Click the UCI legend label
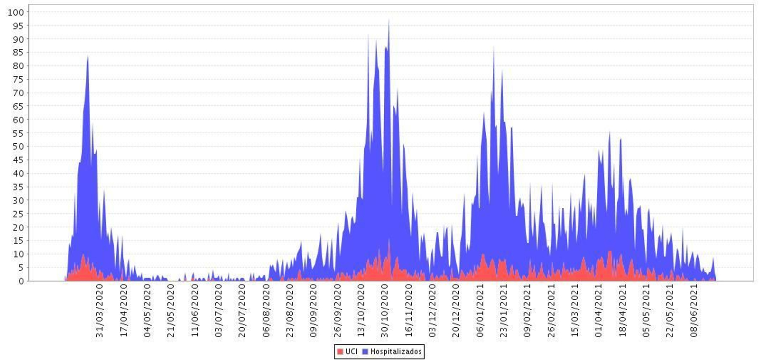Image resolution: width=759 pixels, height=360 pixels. (352, 351)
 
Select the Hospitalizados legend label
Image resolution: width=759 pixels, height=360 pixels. (396, 351)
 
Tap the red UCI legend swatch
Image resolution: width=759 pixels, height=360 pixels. (340, 351)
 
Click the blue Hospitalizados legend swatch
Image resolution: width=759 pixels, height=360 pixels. (365, 351)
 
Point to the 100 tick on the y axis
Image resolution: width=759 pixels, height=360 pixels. (16, 12)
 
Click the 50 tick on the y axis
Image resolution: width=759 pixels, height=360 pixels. (18, 147)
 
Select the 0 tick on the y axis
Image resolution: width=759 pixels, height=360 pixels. (21, 281)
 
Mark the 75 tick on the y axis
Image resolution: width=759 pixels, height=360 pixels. (18, 79)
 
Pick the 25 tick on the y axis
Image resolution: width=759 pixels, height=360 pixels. (18, 214)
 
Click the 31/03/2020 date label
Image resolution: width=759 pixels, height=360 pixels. (100, 311)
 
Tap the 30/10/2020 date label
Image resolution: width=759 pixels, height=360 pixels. (385, 311)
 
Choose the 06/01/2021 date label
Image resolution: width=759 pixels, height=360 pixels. (480, 311)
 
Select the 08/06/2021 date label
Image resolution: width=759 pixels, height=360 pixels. (694, 311)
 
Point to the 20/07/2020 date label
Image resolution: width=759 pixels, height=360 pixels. (242, 311)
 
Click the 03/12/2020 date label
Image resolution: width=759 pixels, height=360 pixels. (432, 311)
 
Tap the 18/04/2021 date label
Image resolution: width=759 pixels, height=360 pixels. (623, 311)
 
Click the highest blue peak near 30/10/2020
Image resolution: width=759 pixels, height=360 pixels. (389, 20)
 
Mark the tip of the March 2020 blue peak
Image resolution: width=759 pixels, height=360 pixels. (88, 57)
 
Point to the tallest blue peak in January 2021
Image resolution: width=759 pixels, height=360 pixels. (494, 47)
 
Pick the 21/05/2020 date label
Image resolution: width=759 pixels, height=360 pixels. (171, 311)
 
